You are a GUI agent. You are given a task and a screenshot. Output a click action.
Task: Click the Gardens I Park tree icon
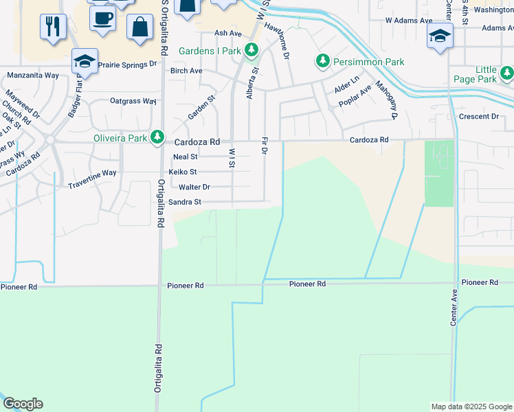click(x=252, y=51)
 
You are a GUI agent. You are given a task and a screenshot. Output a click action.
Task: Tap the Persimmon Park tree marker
click(x=322, y=62)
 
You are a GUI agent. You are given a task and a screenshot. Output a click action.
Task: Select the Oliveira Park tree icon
click(x=157, y=137)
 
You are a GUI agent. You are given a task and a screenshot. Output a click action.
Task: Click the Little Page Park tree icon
click(x=507, y=73)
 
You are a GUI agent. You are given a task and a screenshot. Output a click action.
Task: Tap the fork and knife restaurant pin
click(x=53, y=27)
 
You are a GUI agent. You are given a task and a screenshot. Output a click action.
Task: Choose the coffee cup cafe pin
click(x=102, y=19)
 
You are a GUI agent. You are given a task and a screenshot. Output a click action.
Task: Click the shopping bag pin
click(x=139, y=27)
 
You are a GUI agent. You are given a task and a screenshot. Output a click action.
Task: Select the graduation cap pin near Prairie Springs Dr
click(x=85, y=62)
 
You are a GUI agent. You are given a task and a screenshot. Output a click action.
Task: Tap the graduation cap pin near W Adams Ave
click(x=440, y=36)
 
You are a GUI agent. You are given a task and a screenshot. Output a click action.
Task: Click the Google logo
click(x=23, y=404)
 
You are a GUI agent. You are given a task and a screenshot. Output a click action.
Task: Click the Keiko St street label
click(x=183, y=172)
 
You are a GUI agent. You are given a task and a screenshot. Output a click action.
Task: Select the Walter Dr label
click(x=194, y=187)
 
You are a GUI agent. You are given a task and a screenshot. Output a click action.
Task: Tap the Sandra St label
click(x=185, y=202)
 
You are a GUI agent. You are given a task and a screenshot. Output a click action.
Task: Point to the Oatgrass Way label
click(x=133, y=101)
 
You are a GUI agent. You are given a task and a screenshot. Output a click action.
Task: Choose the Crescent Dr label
click(x=478, y=117)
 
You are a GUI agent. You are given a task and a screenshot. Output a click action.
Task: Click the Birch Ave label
click(x=186, y=71)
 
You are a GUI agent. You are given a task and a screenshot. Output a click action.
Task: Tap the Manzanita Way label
click(x=32, y=76)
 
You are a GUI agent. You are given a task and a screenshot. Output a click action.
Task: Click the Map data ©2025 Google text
click(x=471, y=407)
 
